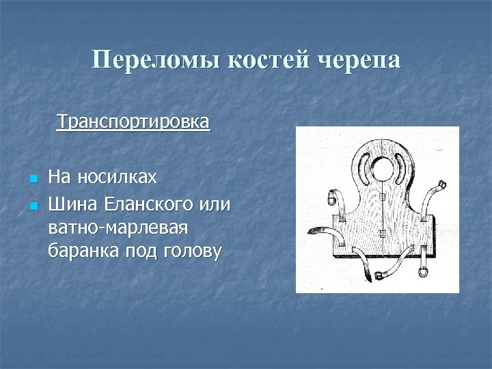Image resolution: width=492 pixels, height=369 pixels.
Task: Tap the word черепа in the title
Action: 360,60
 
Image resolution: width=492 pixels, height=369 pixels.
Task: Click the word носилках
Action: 117,179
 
